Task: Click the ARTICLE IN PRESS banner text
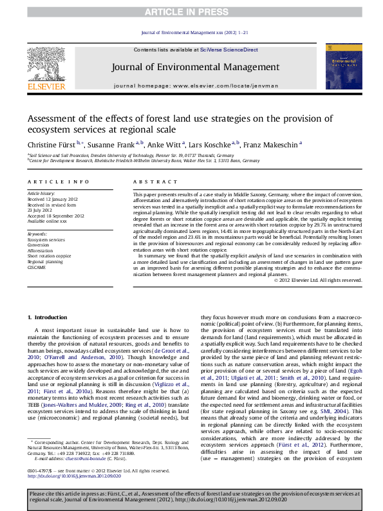[x=191, y=12]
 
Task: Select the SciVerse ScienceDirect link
[x=229, y=50]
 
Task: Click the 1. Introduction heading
[x=50, y=318]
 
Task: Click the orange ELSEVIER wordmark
[x=46, y=86]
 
